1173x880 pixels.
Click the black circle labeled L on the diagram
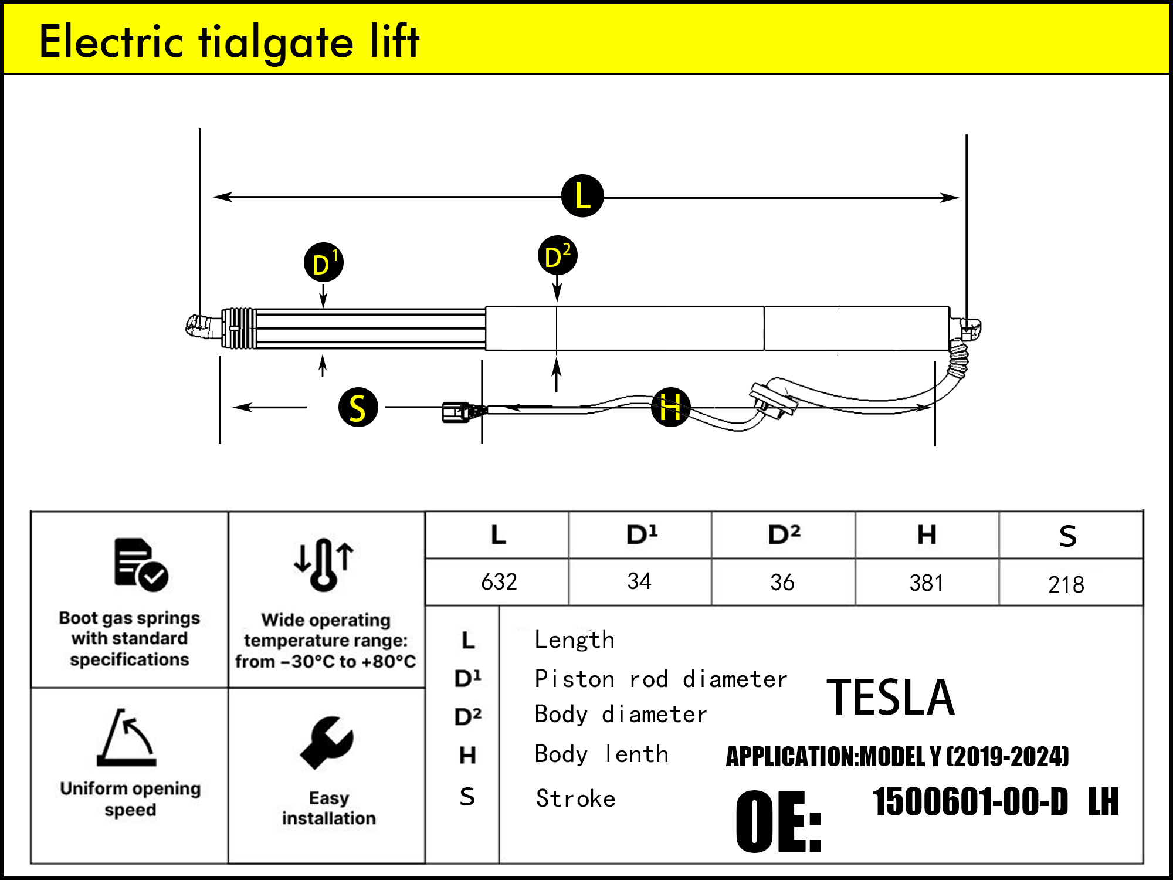(x=582, y=196)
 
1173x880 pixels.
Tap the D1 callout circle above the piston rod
(x=323, y=262)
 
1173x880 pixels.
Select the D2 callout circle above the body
(x=557, y=256)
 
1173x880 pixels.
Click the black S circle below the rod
(x=358, y=407)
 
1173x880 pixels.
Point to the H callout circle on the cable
(x=670, y=407)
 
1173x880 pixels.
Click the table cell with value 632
(x=499, y=582)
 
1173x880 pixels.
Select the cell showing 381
(x=926, y=583)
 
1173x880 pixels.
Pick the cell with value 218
(x=1066, y=584)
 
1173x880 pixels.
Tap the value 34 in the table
(x=639, y=581)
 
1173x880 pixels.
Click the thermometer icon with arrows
(x=324, y=564)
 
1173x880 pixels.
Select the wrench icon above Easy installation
(x=327, y=743)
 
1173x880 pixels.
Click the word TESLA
(x=890, y=698)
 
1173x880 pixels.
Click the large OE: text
(x=778, y=822)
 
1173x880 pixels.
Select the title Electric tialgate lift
(x=229, y=42)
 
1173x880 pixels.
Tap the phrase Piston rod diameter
(x=660, y=679)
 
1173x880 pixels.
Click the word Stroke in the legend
(x=575, y=799)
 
